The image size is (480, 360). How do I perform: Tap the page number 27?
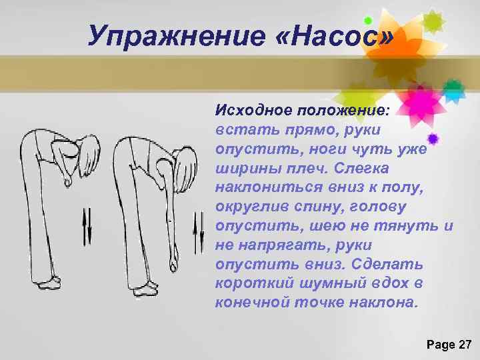tap(464, 345)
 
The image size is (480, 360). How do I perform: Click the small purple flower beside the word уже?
tap(433, 139)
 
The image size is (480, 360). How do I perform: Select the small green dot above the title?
tap(368, 21)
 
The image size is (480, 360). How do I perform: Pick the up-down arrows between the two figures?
tap(87, 227)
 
